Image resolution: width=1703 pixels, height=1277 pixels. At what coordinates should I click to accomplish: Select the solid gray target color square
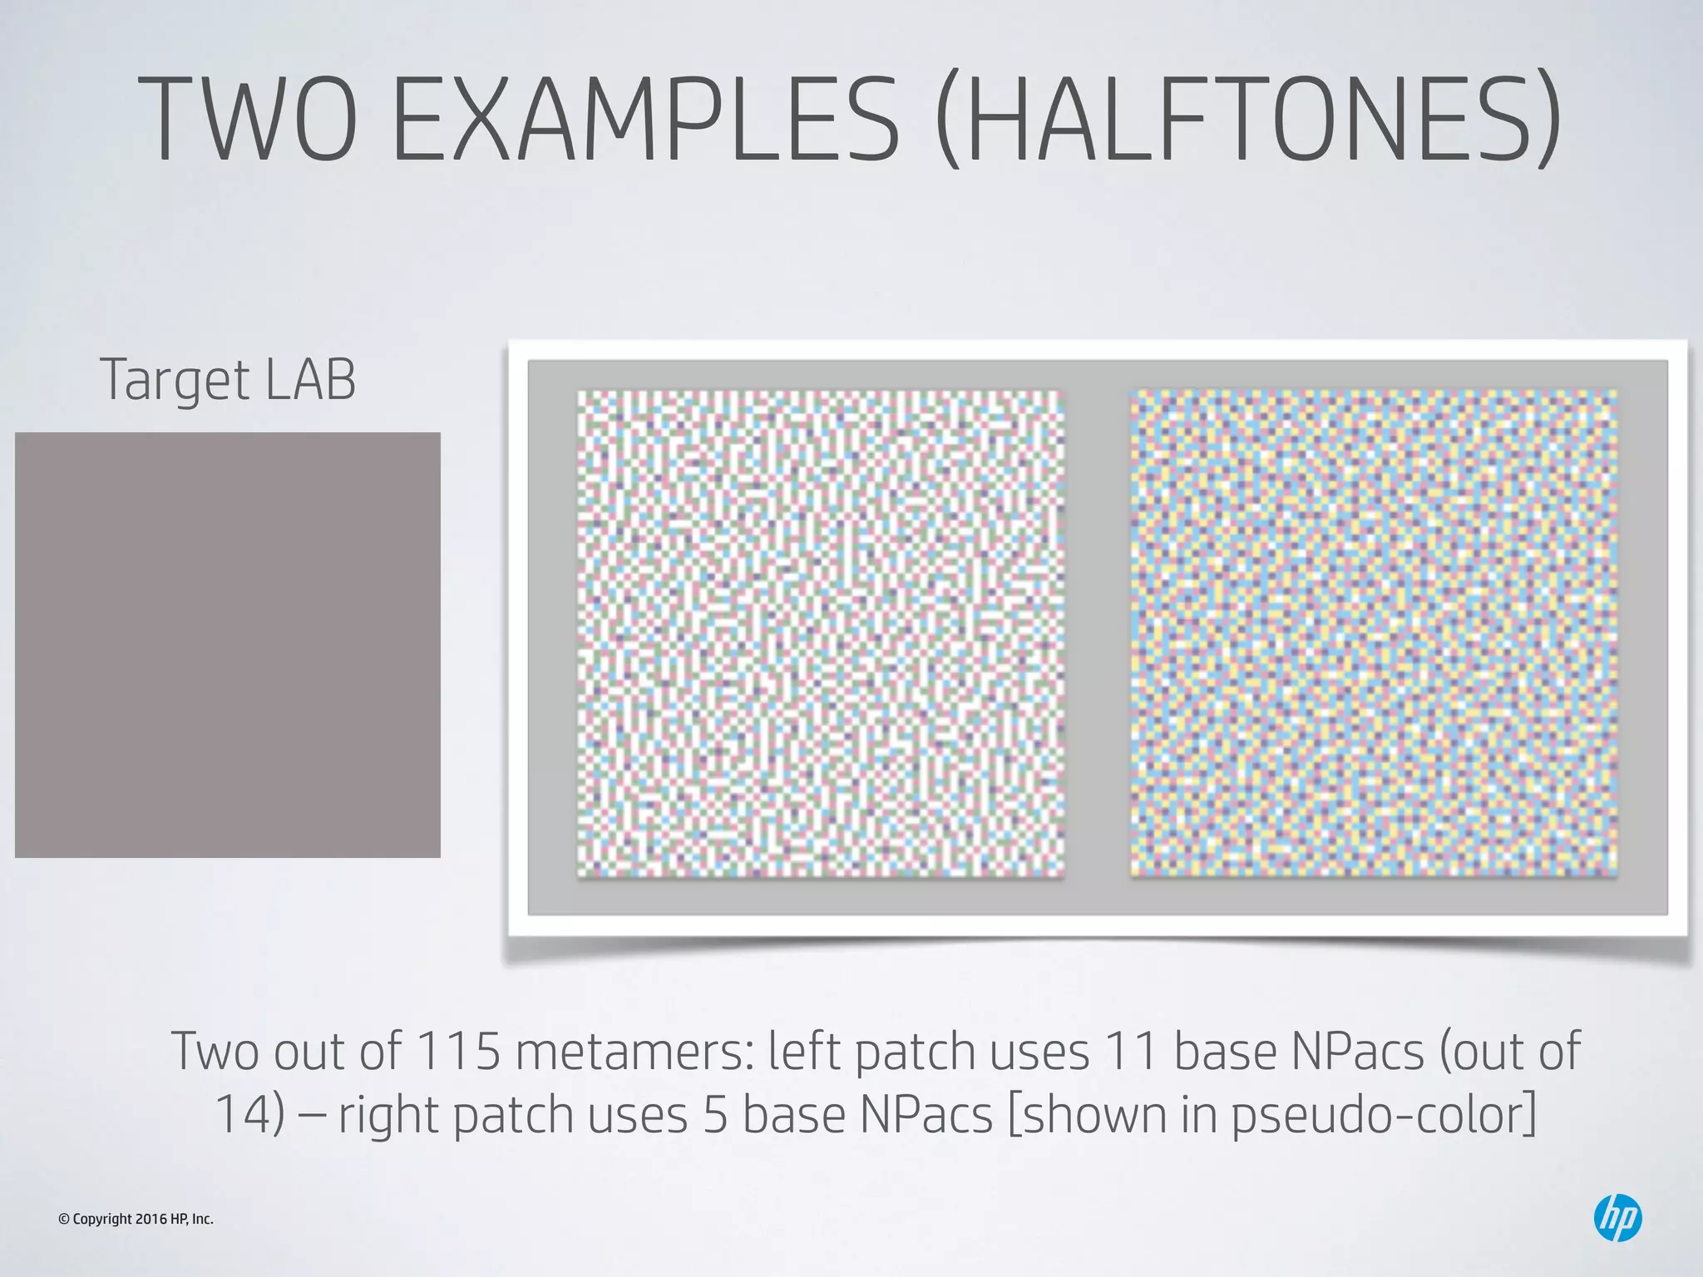point(227,644)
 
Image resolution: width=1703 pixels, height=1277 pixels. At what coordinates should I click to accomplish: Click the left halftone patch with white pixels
point(821,634)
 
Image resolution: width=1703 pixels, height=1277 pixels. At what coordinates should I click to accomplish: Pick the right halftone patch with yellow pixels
point(1373,634)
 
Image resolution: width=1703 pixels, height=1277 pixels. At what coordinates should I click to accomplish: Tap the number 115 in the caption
point(458,1051)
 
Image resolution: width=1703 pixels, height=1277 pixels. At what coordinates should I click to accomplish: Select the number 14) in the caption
point(250,1114)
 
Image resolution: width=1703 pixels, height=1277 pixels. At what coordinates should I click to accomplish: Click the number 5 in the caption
point(715,1114)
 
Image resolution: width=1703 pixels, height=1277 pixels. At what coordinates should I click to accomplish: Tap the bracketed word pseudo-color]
point(1384,1114)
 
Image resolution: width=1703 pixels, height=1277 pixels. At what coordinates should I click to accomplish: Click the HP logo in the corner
point(1617,1218)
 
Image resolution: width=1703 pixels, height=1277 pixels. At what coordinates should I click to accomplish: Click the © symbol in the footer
point(63,1220)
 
